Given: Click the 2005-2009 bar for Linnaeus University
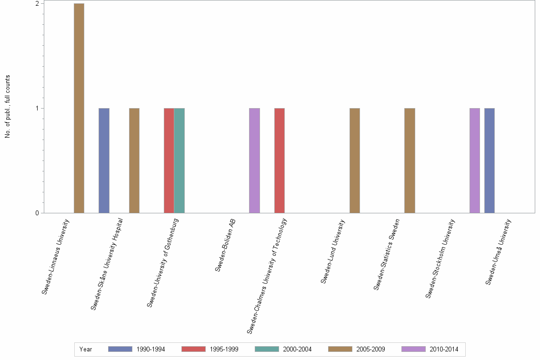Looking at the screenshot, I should click(79, 108).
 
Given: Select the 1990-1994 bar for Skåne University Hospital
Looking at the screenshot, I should click(104, 160).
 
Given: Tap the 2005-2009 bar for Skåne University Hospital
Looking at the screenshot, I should click(134, 160).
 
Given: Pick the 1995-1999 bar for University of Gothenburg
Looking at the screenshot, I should click(169, 160).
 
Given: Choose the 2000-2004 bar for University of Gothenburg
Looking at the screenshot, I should click(179, 160).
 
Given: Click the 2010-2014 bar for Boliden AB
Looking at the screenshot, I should click(254, 160).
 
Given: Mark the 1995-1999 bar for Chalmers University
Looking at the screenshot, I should click(280, 160).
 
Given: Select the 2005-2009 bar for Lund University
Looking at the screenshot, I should click(355, 160).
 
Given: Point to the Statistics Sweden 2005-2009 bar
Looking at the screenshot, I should click(410, 160).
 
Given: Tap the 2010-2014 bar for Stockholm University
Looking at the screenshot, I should click(475, 160).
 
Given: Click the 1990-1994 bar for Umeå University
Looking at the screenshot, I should click(490, 160).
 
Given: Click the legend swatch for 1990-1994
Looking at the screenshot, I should click(120, 349).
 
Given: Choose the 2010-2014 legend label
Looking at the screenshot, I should click(444, 349).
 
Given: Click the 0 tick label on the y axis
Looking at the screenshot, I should click(36, 213).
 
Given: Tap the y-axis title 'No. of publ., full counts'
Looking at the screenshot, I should click(8, 107).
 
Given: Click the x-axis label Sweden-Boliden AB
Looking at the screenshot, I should click(225, 245).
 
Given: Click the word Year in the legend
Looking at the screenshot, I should click(86, 349).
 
